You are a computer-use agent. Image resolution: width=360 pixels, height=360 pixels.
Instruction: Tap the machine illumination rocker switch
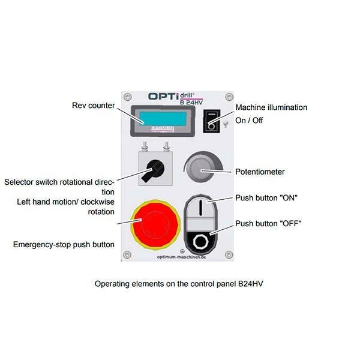pos(211,121)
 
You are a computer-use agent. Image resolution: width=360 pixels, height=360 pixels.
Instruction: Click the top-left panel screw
pos(128,96)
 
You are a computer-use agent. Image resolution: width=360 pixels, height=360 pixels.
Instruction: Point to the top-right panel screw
pos(227,96)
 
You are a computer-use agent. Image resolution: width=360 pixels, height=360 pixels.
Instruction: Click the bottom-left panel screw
pos(128,255)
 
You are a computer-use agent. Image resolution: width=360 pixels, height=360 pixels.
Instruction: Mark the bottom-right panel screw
pos(228,255)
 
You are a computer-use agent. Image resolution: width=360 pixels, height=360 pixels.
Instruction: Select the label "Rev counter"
pos(93,106)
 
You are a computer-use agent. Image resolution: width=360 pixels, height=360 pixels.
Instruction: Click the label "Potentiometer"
pos(260,172)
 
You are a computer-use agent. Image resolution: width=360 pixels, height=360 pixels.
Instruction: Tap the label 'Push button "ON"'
pos(266,197)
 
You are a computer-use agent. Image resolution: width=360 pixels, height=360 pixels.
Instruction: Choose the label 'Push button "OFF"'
pos(268,224)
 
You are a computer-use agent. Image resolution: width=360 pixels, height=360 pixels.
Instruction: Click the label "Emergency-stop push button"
pos(64,244)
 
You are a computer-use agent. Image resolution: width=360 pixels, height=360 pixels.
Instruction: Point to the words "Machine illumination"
pos(271,107)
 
